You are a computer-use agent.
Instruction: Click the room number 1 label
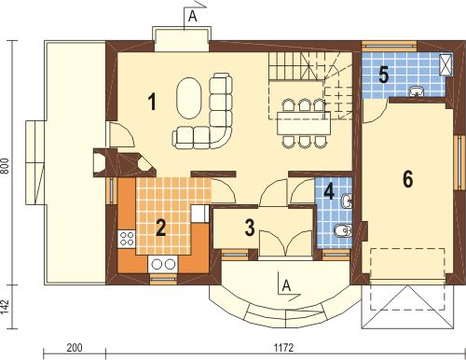[x=152, y=103]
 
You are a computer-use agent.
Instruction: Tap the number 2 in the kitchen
[x=160, y=228]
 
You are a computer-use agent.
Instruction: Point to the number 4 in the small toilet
[x=329, y=191]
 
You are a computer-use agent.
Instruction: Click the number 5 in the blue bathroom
[x=384, y=75]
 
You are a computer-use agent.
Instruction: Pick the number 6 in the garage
[x=407, y=179]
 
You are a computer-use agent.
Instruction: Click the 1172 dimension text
[x=283, y=348]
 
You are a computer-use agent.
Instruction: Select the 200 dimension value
[x=75, y=348]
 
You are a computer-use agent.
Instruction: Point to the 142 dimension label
[x=6, y=307]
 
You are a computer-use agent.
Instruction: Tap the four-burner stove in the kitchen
[x=127, y=239]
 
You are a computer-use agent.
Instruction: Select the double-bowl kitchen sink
[x=162, y=264]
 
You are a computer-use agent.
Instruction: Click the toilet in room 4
[x=343, y=230]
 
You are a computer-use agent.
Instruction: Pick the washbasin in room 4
[x=347, y=201]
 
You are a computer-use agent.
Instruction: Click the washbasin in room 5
[x=417, y=91]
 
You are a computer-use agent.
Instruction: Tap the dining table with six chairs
[x=304, y=123]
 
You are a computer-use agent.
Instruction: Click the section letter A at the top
[x=193, y=17]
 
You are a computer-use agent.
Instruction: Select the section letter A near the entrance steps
[x=286, y=285]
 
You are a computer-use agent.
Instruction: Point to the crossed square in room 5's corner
[x=446, y=64]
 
